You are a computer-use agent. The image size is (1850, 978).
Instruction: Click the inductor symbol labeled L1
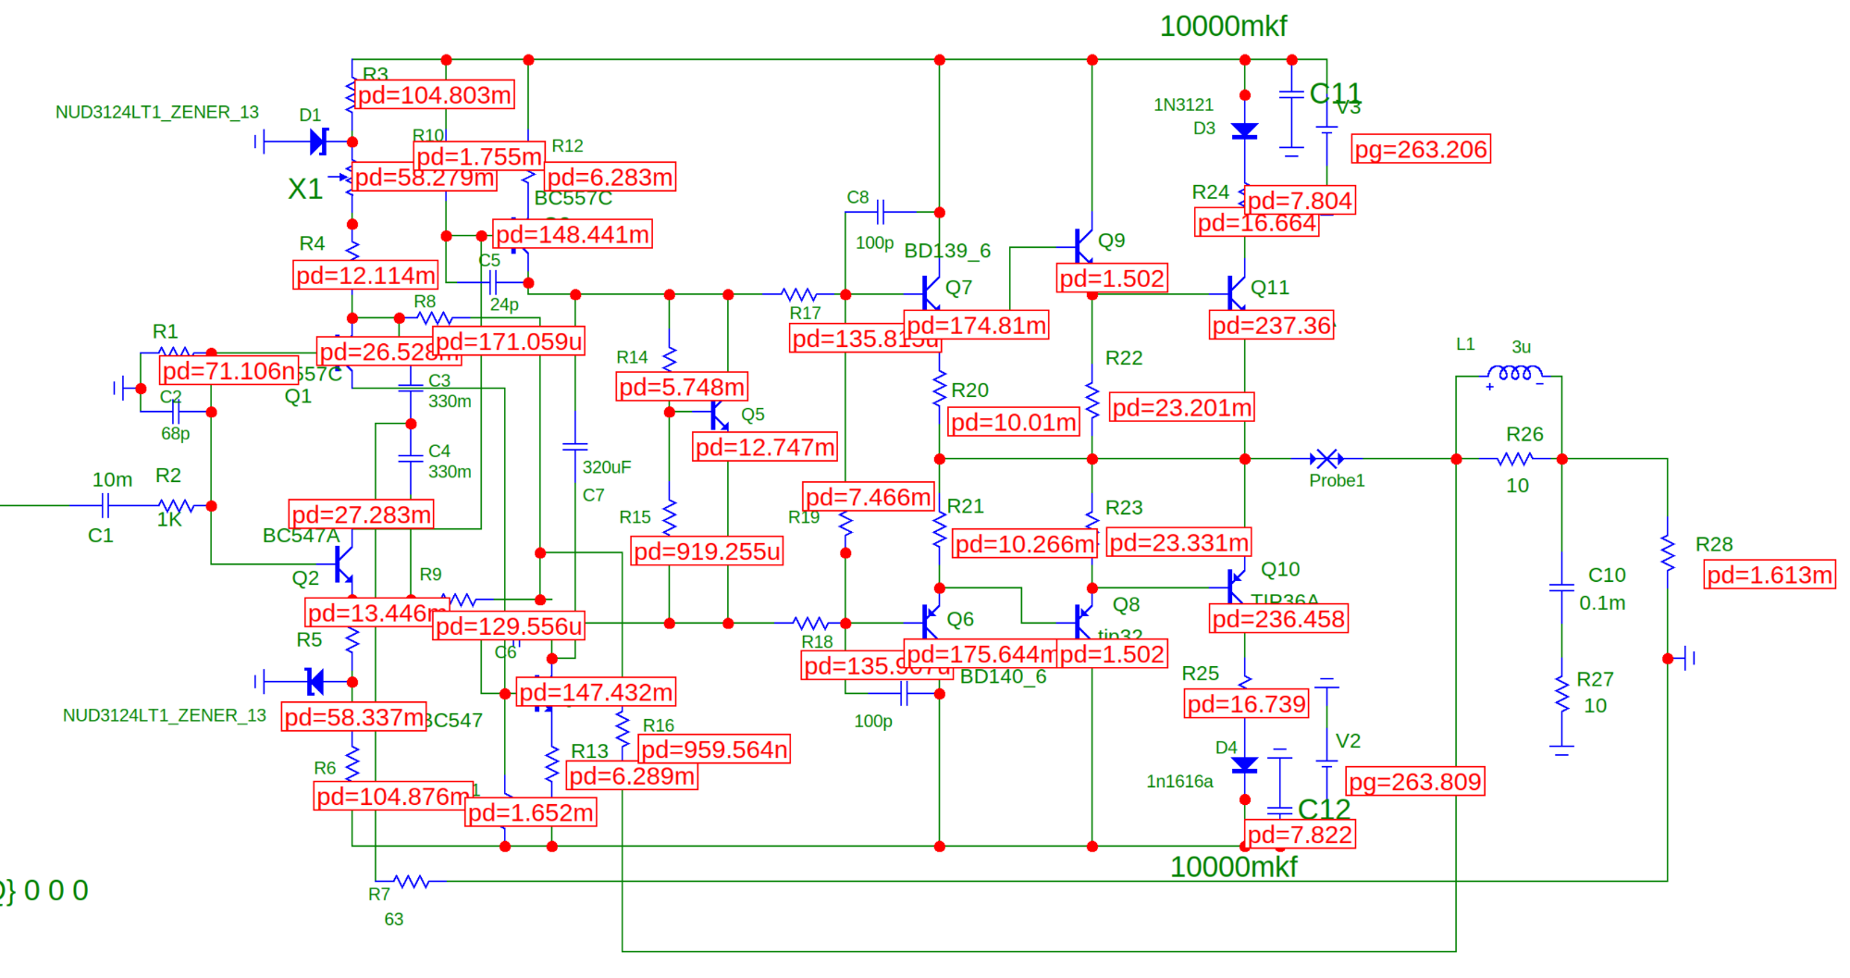(x=1514, y=374)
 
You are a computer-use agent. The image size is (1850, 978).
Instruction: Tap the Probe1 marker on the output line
(x=1327, y=459)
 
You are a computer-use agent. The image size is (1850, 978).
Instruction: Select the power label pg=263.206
(x=1421, y=149)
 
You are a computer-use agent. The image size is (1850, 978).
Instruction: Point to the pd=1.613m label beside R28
(x=1769, y=575)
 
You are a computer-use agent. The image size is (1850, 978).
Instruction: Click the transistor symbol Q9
(x=1083, y=245)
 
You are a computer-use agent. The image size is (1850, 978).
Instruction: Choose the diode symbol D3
(x=1245, y=131)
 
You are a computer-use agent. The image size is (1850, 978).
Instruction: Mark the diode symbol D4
(x=1245, y=765)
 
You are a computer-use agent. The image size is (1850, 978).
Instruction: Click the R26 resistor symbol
(x=1515, y=459)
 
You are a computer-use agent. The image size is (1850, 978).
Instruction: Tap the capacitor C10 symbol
(x=1561, y=587)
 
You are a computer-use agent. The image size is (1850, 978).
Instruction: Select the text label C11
(x=1335, y=93)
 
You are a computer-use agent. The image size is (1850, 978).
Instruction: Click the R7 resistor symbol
(x=411, y=881)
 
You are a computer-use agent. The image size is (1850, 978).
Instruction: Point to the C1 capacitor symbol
(x=105, y=505)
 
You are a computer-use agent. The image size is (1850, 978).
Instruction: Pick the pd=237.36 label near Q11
(x=1272, y=325)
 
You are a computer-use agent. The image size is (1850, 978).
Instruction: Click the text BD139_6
(x=947, y=251)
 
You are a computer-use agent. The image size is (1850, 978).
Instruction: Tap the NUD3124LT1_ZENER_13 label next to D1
(x=157, y=112)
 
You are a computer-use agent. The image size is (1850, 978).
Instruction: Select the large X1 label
(x=304, y=189)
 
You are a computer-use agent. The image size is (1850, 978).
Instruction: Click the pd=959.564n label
(x=714, y=749)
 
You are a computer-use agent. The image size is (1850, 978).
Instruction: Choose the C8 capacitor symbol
(x=881, y=213)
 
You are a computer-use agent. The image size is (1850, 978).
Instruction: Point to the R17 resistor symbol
(x=798, y=294)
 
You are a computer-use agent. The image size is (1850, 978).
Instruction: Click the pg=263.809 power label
(x=1415, y=782)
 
